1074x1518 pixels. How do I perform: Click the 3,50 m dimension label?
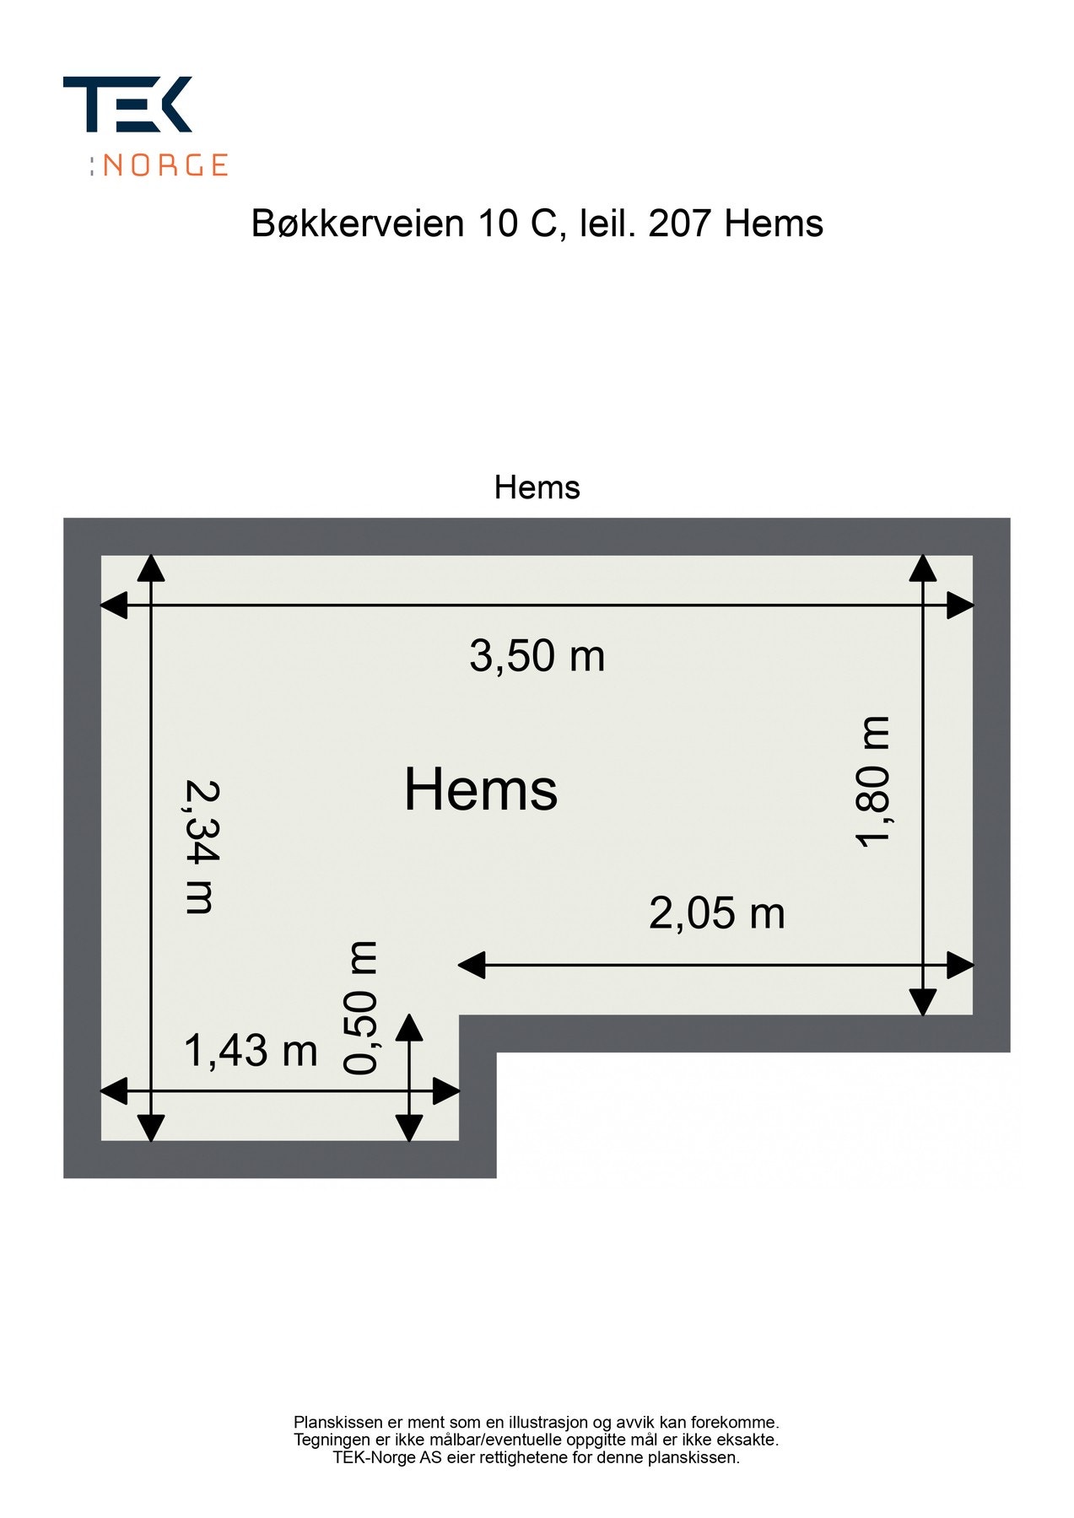tap(537, 656)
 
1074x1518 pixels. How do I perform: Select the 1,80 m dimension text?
tap(872, 781)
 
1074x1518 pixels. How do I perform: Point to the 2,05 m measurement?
tap(716, 913)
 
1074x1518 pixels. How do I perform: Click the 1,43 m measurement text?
tap(251, 1051)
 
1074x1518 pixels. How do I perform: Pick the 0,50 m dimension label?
tap(360, 1008)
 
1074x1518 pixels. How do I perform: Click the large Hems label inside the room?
tap(481, 789)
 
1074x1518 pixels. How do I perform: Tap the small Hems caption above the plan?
tap(537, 487)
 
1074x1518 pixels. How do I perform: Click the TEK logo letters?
tap(127, 105)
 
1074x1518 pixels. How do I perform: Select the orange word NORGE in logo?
tap(165, 164)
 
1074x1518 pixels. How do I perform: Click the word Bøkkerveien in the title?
tap(358, 223)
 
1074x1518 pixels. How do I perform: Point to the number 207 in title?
tap(680, 223)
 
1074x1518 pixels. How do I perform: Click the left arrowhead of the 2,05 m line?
tap(471, 965)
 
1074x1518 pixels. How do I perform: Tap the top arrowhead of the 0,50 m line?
tap(409, 1027)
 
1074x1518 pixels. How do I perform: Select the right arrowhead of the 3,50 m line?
tap(960, 606)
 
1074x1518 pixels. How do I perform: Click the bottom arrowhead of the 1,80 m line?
tap(923, 1002)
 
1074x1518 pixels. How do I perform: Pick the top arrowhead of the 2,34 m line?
tap(151, 568)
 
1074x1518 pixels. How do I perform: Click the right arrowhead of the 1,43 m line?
tap(446, 1091)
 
